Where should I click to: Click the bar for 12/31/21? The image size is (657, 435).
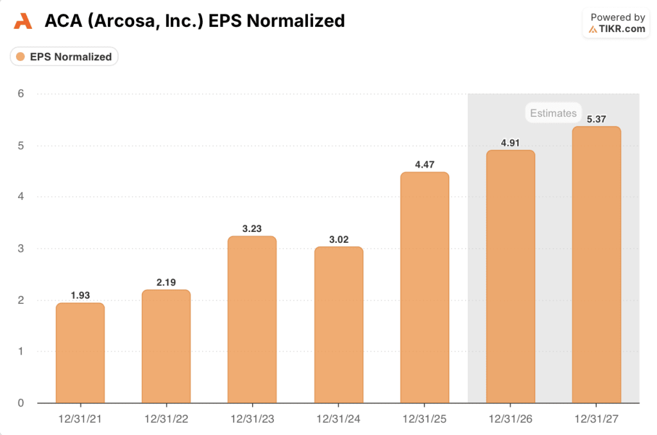(x=80, y=353)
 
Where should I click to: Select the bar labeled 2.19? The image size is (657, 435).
(x=166, y=346)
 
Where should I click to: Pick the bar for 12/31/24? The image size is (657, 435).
(x=338, y=324)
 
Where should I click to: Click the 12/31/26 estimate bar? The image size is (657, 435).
(x=510, y=276)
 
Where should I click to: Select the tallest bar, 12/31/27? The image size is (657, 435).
(x=596, y=264)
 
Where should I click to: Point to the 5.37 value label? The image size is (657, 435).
(x=596, y=118)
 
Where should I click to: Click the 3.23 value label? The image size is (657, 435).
(x=252, y=228)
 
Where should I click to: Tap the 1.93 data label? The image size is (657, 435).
(x=80, y=295)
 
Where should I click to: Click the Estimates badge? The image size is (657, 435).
(x=553, y=113)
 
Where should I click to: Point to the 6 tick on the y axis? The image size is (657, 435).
(x=21, y=94)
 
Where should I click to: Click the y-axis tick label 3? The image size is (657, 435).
(x=21, y=249)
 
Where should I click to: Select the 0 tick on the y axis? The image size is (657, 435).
(x=21, y=403)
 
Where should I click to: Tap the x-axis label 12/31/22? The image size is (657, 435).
(x=166, y=419)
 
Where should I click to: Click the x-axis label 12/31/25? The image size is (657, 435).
(x=424, y=419)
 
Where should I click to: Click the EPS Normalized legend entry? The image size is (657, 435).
(x=64, y=57)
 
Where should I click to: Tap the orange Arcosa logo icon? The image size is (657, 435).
(x=22, y=21)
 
